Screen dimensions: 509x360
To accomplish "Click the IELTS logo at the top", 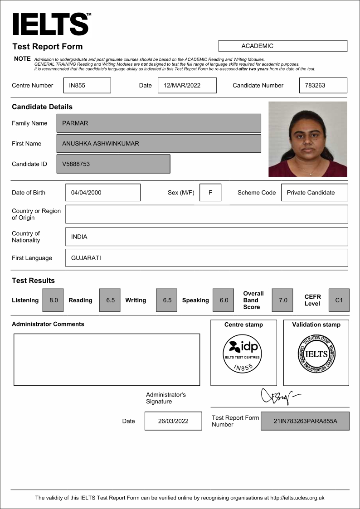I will [51, 24].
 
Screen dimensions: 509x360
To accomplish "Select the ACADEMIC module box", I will [282, 46].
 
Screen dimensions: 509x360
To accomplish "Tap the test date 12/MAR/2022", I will [187, 85].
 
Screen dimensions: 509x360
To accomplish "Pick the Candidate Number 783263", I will [323, 85].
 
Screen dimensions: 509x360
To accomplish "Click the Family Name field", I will [159, 123].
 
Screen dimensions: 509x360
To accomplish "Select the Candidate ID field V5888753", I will [113, 164].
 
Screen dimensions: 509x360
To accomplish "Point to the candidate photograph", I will [307, 139].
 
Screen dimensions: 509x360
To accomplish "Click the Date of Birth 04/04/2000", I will [102, 192].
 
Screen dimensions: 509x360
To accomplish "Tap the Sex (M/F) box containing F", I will [210, 192].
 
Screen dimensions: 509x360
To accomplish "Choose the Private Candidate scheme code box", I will [314, 192].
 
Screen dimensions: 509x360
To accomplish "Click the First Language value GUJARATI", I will [206, 258].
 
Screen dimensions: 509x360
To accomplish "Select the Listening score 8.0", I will [53, 300].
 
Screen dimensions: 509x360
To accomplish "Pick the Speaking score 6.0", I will [223, 300].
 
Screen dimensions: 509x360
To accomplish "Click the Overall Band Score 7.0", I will [282, 300].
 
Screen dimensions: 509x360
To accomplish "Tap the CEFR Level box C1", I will [339, 300].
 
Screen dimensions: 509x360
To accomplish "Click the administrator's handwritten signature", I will [278, 397].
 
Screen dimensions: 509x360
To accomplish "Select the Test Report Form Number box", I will [305, 421].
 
